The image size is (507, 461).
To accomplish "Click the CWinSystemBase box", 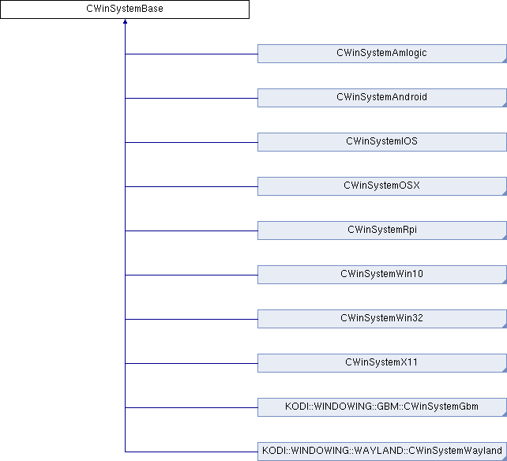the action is pos(125,9).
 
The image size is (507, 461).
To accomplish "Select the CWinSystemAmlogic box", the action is pos(382,54).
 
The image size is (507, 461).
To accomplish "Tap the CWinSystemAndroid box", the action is pos(382,98).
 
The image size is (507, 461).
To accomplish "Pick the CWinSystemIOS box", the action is pos(382,142).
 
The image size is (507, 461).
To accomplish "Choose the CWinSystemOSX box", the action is pos(382,186).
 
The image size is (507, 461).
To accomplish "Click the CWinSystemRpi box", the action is pos(382,230).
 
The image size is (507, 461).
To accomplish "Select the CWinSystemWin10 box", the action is pos(382,275).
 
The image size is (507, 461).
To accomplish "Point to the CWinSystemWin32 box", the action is pos(382,319).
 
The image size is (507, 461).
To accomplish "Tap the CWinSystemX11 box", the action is pos(382,363).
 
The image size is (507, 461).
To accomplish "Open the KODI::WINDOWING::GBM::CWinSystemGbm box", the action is pos(382,407).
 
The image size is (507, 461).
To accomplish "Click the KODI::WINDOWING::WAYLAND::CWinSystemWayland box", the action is pos(382,452).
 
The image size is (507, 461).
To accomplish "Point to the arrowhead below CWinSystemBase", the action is pos(125,21).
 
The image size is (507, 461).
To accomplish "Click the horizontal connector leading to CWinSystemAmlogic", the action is pos(191,54).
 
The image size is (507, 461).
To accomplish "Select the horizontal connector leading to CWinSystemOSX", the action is pos(191,186).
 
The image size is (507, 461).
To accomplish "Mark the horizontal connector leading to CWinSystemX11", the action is pos(191,363).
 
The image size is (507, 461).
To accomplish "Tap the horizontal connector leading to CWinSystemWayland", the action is pos(191,452).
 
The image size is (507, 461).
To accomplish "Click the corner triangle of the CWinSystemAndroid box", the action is pos(505,105).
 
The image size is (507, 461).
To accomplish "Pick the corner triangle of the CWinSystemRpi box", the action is pos(505,238).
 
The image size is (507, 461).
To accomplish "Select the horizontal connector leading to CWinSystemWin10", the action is pos(191,275).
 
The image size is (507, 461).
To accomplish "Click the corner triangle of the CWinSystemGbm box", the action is pos(505,414).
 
